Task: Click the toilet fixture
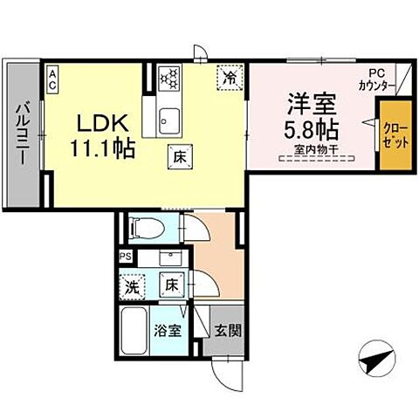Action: click(x=143, y=230)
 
